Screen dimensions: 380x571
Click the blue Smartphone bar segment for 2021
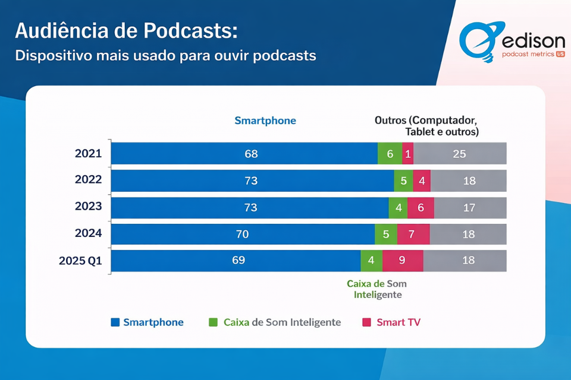pyautogui.click(x=244, y=154)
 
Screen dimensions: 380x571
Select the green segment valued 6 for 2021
pyautogui.click(x=390, y=154)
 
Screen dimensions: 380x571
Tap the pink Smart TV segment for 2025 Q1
pyautogui.click(x=403, y=261)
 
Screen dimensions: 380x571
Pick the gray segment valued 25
pyautogui.click(x=460, y=154)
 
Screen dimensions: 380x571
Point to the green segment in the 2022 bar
pyautogui.click(x=403, y=180)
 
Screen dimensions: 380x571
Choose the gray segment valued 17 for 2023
pyautogui.click(x=470, y=207)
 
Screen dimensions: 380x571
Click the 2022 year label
pyautogui.click(x=88, y=179)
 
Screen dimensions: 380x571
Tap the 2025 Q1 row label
pyautogui.click(x=80, y=260)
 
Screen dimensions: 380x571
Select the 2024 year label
pyautogui.click(x=88, y=233)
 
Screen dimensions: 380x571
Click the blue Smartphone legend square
pyautogui.click(x=115, y=322)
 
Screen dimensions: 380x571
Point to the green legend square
pyautogui.click(x=213, y=322)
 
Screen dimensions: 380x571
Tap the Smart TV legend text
pyautogui.click(x=399, y=322)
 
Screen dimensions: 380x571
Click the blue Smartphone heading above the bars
pyautogui.click(x=265, y=121)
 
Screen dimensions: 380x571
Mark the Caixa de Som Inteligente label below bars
pyautogui.click(x=377, y=289)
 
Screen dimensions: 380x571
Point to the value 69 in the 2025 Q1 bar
pyautogui.click(x=237, y=261)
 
